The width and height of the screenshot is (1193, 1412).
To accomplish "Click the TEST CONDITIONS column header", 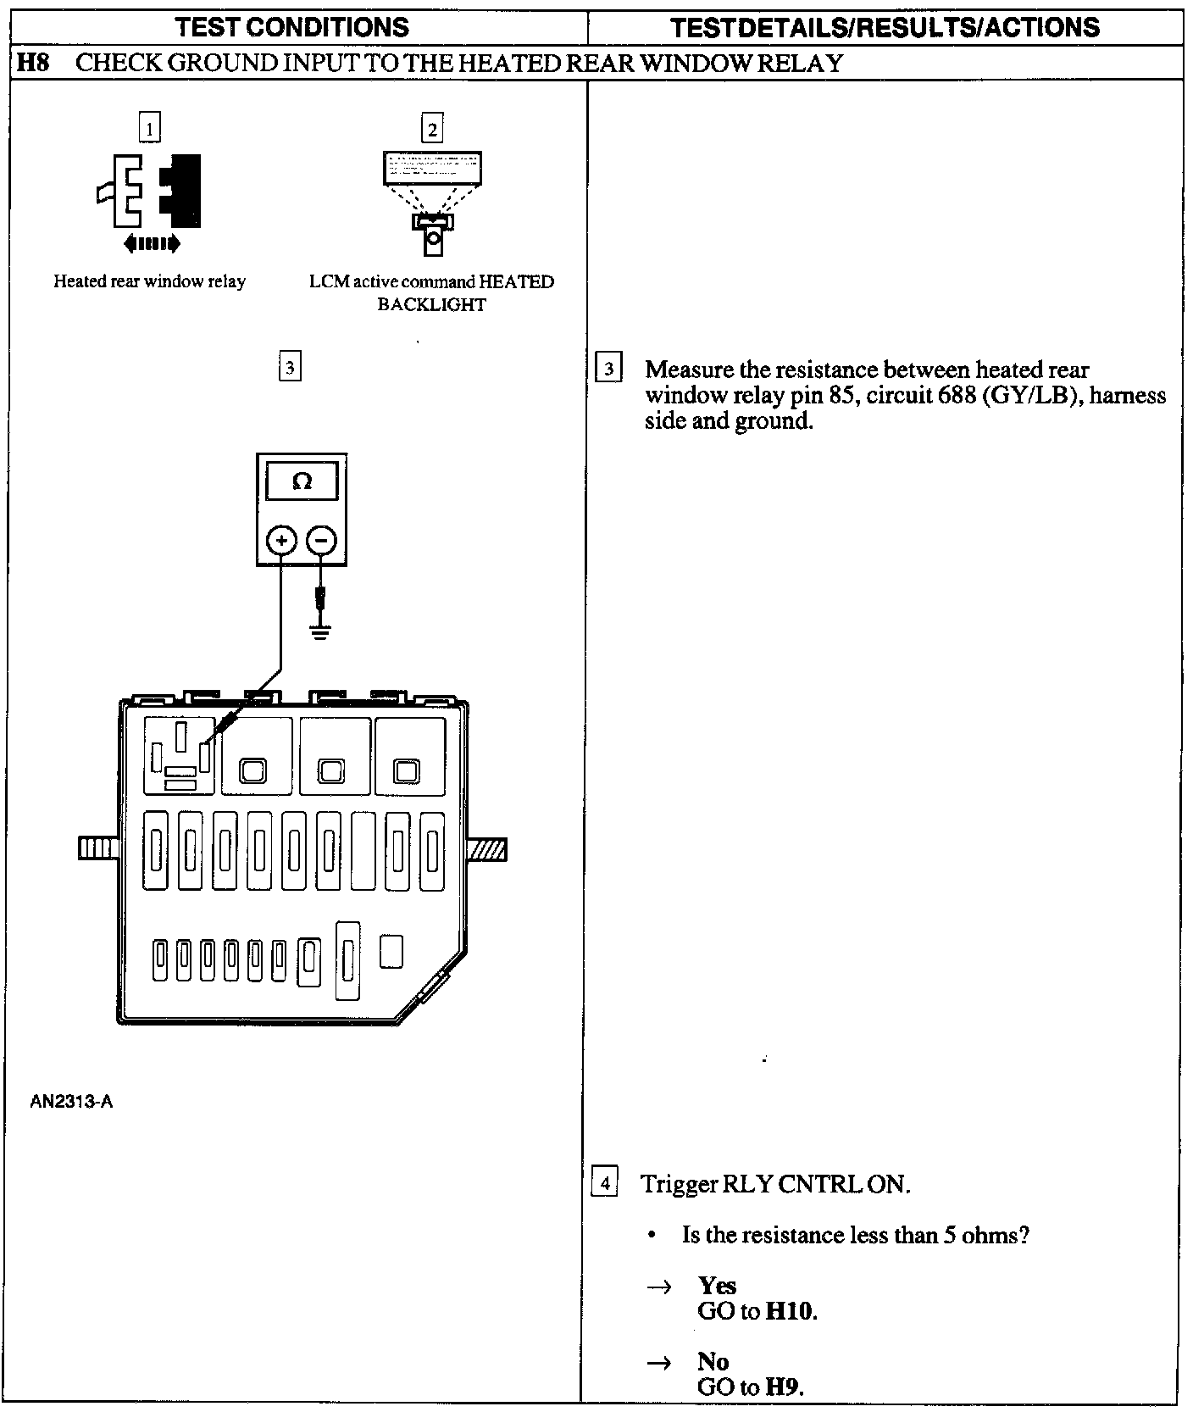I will [x=292, y=27].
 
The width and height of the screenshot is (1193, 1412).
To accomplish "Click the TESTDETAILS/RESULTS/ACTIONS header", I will [x=885, y=27].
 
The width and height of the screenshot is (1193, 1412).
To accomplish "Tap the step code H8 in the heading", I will [x=33, y=64].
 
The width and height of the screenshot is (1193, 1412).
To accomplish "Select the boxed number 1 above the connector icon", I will [x=149, y=129].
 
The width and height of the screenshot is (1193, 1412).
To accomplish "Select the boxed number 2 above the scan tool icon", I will [x=432, y=129].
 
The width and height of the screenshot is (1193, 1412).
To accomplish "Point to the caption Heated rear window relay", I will [x=149, y=281].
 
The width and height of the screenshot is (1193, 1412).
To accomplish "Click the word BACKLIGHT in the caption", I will [x=431, y=305].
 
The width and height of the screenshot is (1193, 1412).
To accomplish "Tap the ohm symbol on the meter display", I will [x=302, y=482].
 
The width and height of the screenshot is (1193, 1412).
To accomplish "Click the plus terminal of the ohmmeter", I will [x=282, y=540].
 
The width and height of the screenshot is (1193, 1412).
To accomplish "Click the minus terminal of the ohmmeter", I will [x=321, y=540].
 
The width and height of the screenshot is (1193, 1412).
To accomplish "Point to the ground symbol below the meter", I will [x=320, y=632].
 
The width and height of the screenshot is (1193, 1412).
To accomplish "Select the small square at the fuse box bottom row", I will [x=391, y=951].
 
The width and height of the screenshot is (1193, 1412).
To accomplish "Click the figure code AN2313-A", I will [x=71, y=1102].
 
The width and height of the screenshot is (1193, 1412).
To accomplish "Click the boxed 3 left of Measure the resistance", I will [x=608, y=370].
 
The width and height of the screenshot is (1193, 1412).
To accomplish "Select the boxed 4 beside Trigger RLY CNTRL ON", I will [x=603, y=1182].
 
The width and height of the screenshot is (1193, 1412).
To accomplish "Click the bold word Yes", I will [x=717, y=1286].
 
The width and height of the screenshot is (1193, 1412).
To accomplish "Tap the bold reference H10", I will [x=790, y=1311].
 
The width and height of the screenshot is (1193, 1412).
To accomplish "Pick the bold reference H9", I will [x=783, y=1387].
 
